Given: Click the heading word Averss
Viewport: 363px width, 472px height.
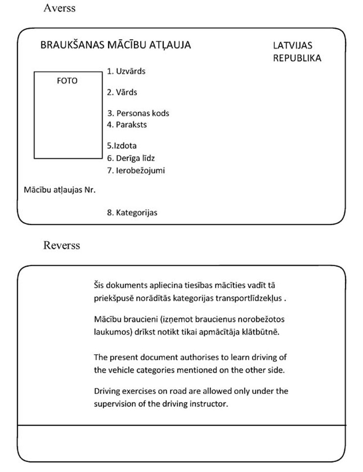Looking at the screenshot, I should click(59, 8).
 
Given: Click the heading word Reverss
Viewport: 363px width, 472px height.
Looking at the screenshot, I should click(62, 245).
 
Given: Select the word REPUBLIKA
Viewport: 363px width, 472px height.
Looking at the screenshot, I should click(297, 58).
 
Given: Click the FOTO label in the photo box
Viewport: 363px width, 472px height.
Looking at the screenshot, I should click(67, 81).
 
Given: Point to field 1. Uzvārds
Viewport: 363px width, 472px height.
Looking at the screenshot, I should click(126, 71).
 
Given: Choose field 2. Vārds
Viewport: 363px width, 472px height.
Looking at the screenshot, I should click(122, 92).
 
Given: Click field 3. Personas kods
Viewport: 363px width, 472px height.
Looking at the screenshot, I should click(138, 113).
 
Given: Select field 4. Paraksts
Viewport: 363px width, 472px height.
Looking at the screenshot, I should click(127, 125).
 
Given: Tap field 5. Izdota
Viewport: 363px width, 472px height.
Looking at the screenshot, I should click(122, 146).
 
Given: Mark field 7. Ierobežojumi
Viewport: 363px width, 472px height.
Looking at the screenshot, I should click(136, 171).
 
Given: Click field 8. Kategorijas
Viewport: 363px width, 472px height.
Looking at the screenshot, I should click(132, 212).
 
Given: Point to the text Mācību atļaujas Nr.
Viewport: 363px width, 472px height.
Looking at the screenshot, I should click(60, 189).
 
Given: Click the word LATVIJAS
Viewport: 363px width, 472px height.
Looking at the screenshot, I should click(293, 45).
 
